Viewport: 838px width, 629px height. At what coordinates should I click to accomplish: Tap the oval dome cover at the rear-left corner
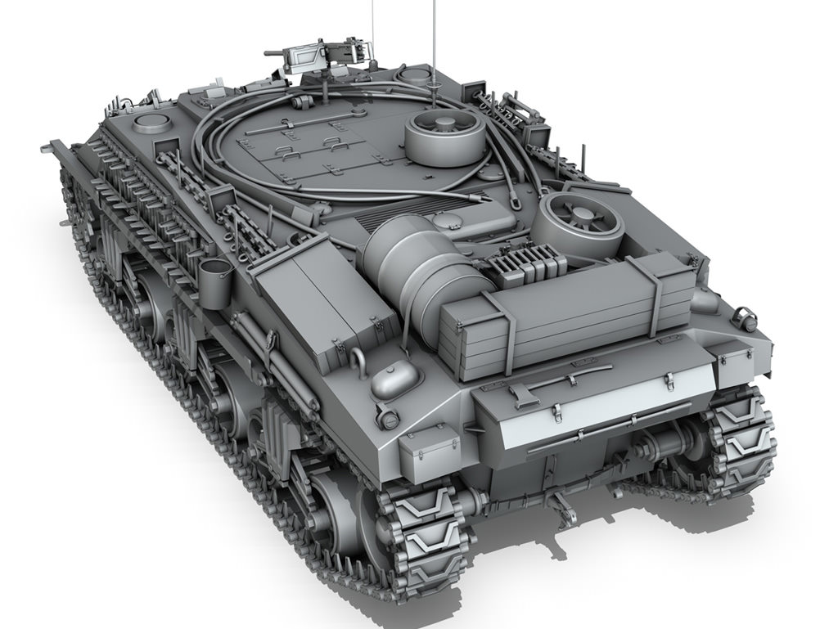point(396,379)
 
